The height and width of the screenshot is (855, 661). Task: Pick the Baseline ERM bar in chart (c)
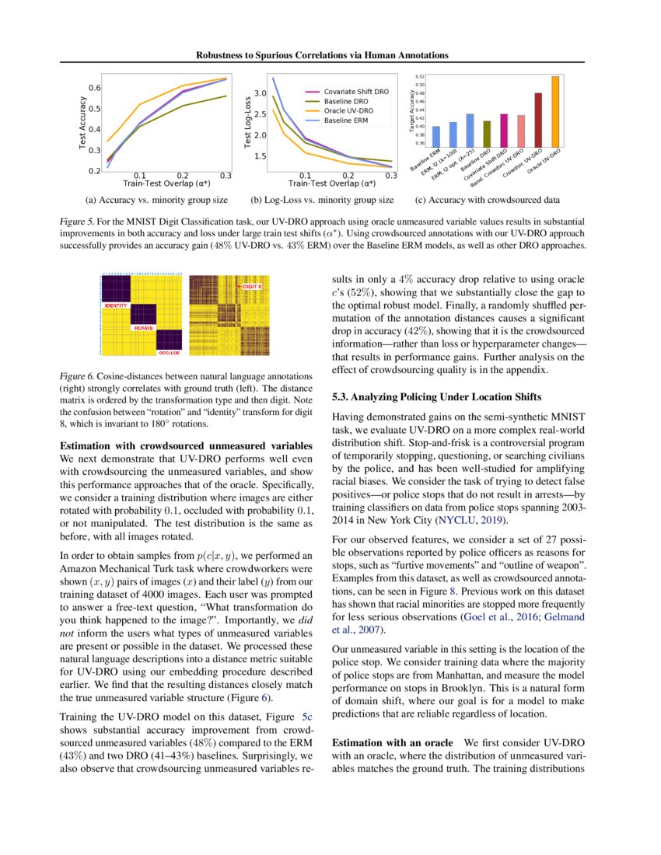tap(436, 136)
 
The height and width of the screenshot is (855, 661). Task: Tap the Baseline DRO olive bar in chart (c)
tap(487, 133)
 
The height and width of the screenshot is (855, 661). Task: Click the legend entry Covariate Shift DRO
tap(355, 92)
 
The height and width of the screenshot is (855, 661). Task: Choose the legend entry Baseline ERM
tap(346, 120)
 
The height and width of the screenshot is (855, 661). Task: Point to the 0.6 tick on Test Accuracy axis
tap(93, 88)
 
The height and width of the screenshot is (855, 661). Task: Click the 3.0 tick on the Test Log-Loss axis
tap(260, 93)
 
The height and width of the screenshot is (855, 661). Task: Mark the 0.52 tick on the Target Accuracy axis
tap(420, 77)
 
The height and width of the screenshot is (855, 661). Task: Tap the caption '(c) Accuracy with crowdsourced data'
tap(488, 201)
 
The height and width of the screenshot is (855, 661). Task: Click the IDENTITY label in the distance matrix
tap(115, 305)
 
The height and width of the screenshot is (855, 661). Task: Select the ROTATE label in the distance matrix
tap(142, 329)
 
